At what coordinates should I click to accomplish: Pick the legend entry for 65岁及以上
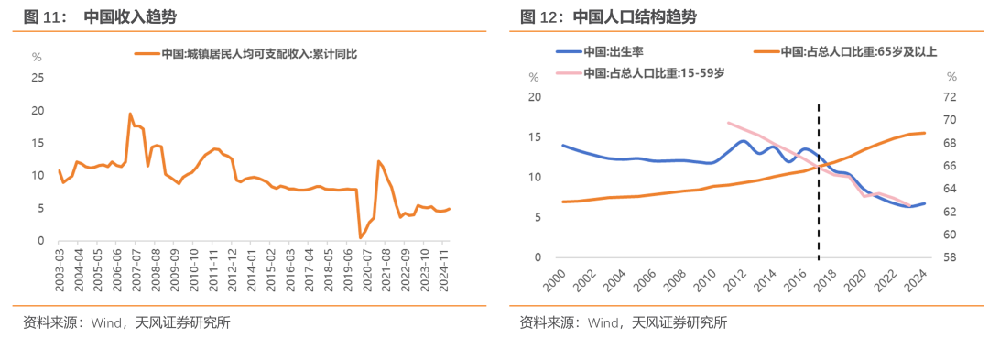tap(858, 51)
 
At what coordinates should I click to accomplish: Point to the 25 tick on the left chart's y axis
tap(38, 78)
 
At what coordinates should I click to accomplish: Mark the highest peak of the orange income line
tap(130, 114)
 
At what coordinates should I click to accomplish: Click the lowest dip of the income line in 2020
tap(360, 238)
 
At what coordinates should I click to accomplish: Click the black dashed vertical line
tap(818, 183)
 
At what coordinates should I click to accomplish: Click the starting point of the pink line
tap(728, 122)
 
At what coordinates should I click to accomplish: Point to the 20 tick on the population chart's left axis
tap(536, 97)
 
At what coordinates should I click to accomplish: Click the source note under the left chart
tap(126, 322)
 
